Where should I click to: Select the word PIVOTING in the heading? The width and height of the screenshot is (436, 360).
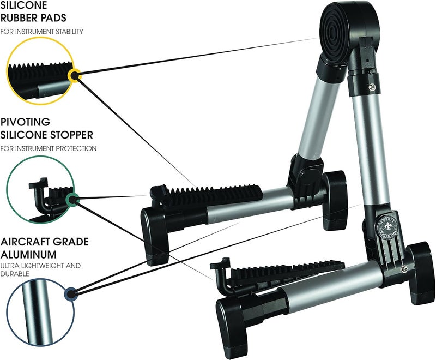(x=25, y=122)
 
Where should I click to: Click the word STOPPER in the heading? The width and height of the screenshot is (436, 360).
(x=72, y=135)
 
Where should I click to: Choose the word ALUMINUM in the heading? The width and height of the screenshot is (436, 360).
(x=29, y=254)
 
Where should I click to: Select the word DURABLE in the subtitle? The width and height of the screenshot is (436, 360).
(x=15, y=274)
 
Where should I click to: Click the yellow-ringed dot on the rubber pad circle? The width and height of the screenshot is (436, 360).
(x=74, y=75)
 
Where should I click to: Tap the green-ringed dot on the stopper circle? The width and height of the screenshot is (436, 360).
(x=72, y=199)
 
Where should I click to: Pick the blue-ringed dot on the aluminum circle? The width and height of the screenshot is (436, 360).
(x=71, y=293)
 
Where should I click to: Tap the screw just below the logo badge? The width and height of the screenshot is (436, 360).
(x=405, y=269)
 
